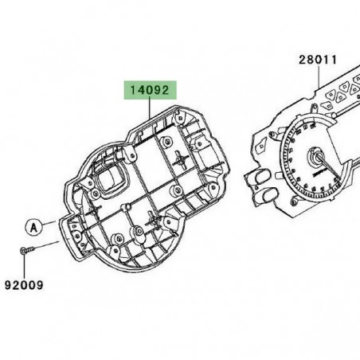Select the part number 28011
point(319,59)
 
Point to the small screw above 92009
point(25,252)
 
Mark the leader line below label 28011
point(319,76)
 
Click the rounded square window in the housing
point(108,181)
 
